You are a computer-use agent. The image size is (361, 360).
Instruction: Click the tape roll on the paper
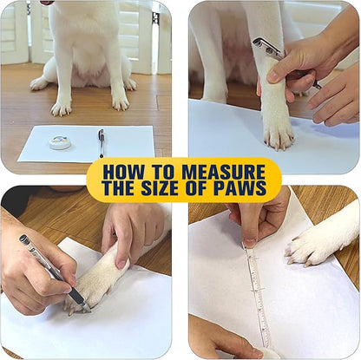click(x=60, y=141)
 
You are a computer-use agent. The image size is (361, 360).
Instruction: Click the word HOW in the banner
click(x=129, y=172)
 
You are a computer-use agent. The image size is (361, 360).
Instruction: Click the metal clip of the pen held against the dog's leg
click(x=266, y=49)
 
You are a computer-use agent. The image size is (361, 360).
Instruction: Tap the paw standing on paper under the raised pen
click(x=278, y=130)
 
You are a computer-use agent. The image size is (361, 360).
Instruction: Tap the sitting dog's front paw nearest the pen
click(x=117, y=101)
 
